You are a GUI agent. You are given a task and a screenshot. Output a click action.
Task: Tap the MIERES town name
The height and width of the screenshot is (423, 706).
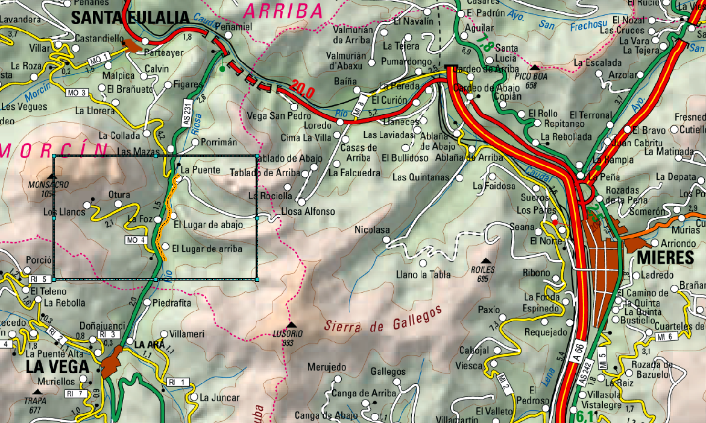pyautogui.click(x=664, y=258)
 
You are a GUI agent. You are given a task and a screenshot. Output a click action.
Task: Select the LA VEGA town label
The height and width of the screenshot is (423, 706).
pyautogui.click(x=57, y=367)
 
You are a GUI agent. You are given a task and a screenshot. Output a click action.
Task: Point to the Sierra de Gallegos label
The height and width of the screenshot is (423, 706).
pyautogui.click(x=383, y=319)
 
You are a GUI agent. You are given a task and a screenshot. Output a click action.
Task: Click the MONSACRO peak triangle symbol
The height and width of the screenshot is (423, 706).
pyautogui.click(x=52, y=176)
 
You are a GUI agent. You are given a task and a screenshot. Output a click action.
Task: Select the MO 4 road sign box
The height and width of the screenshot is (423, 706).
pyautogui.click(x=136, y=240)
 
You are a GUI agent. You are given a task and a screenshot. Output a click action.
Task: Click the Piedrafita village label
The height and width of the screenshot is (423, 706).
pyautogui.click(x=172, y=302)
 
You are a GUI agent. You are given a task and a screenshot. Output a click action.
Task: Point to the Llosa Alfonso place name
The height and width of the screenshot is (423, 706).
pyautogui.click(x=307, y=211)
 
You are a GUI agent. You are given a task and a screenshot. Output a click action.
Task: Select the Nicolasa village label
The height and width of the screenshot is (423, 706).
pyautogui.click(x=372, y=230)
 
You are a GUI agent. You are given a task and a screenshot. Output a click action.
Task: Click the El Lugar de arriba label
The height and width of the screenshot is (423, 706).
pyautogui.click(x=207, y=249)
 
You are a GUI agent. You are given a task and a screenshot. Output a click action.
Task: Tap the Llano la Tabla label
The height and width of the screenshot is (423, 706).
pyautogui.click(x=423, y=275)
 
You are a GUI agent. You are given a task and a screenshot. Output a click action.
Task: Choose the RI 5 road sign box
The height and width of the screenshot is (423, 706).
pyautogui.click(x=38, y=279)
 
